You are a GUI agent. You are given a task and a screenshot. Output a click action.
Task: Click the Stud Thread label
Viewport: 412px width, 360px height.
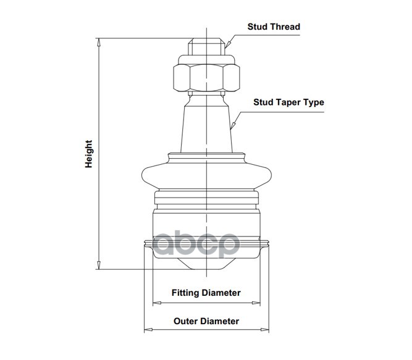pyautogui.click(x=274, y=27)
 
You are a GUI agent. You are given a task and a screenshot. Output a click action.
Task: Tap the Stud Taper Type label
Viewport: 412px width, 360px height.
pyautogui.click(x=288, y=103)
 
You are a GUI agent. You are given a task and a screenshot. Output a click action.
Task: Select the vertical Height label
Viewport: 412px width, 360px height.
pyautogui.click(x=89, y=154)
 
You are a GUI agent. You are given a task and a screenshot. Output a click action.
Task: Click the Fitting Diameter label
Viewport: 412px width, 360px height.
pyautogui.click(x=206, y=293)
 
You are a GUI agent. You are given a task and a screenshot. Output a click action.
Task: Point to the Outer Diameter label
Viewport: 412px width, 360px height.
pyautogui.click(x=206, y=321)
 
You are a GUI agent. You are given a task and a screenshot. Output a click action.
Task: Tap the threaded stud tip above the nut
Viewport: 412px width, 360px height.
pyautogui.click(x=206, y=48)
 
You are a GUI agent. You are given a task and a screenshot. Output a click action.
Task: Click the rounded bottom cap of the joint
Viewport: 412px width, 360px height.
pyautogui.click(x=206, y=262)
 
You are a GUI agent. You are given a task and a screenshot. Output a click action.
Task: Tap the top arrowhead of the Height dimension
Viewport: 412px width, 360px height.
pyautogui.click(x=99, y=41)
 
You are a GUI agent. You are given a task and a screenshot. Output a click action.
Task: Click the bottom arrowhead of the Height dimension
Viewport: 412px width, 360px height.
pyautogui.click(x=99, y=266)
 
